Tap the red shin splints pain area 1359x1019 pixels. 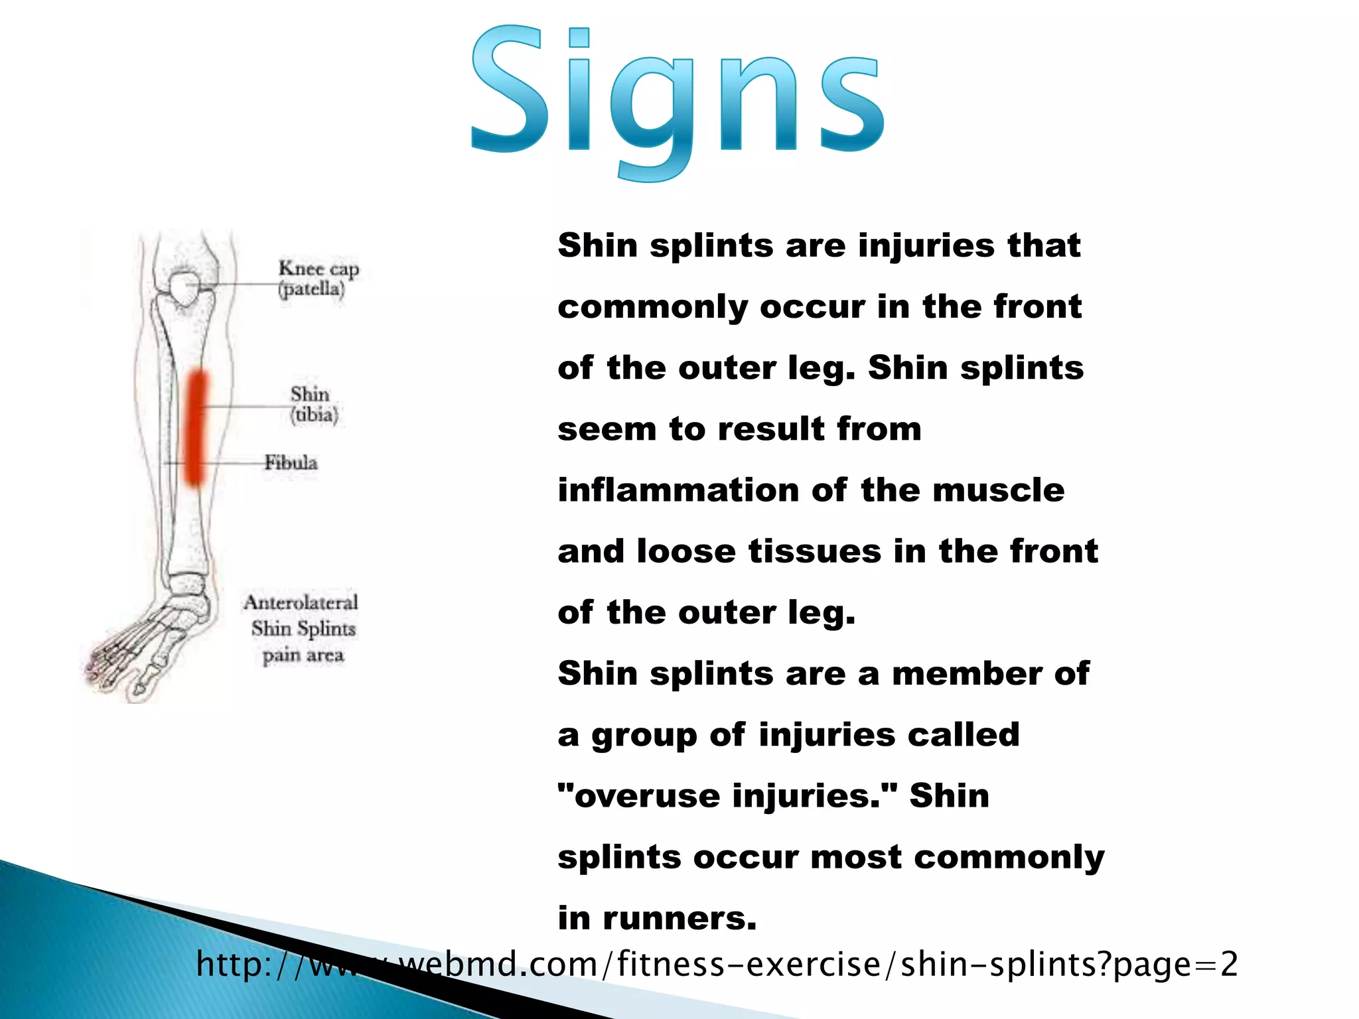pos(195,428)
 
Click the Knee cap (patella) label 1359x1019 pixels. pos(318,279)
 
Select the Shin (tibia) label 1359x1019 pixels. pos(313,404)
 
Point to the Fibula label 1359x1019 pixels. pos(291,462)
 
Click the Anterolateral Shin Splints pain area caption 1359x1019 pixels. pos(302,628)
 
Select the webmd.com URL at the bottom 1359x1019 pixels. pos(717,964)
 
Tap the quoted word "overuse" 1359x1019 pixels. pos(640,796)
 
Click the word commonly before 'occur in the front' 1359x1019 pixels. pos(652,308)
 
